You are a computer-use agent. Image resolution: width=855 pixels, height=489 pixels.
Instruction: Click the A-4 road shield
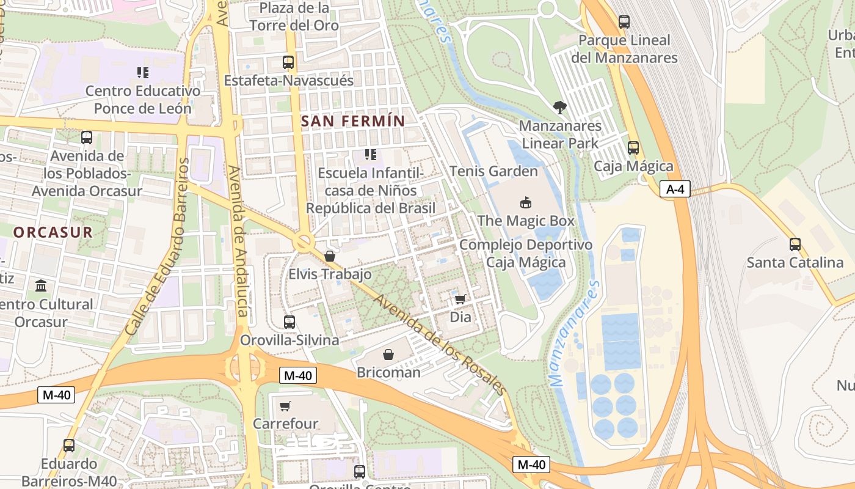(x=675, y=189)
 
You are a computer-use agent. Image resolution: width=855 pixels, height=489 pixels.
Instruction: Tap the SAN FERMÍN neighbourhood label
(x=353, y=121)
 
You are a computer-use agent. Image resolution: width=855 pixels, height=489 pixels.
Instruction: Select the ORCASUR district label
(x=53, y=232)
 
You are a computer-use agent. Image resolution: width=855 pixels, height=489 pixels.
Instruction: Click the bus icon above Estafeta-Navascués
(x=288, y=62)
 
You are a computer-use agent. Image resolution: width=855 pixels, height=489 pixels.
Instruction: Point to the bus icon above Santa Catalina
(x=795, y=244)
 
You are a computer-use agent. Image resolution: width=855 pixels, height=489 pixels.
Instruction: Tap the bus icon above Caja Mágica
(x=633, y=147)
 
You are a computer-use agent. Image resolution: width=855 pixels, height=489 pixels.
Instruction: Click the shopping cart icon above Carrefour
(x=285, y=406)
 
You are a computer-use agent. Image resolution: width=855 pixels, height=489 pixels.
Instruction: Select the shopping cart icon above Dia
(x=460, y=299)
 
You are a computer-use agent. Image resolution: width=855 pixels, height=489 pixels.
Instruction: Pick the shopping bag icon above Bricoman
(x=388, y=354)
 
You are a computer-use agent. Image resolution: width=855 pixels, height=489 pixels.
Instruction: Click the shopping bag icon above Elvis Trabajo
(x=330, y=256)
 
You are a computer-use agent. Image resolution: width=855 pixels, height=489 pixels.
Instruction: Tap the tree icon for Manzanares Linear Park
(x=559, y=108)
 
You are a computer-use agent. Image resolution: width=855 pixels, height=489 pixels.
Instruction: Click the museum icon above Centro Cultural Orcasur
(x=41, y=285)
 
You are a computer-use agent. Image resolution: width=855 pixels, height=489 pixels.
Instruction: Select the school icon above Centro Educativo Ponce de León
(x=143, y=73)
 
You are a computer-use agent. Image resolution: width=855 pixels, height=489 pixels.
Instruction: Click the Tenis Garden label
(x=493, y=171)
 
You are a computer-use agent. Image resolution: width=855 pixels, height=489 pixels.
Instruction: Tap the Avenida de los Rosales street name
(x=440, y=345)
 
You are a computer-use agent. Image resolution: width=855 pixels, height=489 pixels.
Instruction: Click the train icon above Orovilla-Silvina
(x=289, y=322)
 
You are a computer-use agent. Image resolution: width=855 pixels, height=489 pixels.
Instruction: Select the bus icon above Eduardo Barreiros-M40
(x=69, y=445)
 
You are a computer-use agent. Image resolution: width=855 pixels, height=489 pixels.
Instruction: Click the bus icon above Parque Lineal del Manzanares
(x=624, y=22)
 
